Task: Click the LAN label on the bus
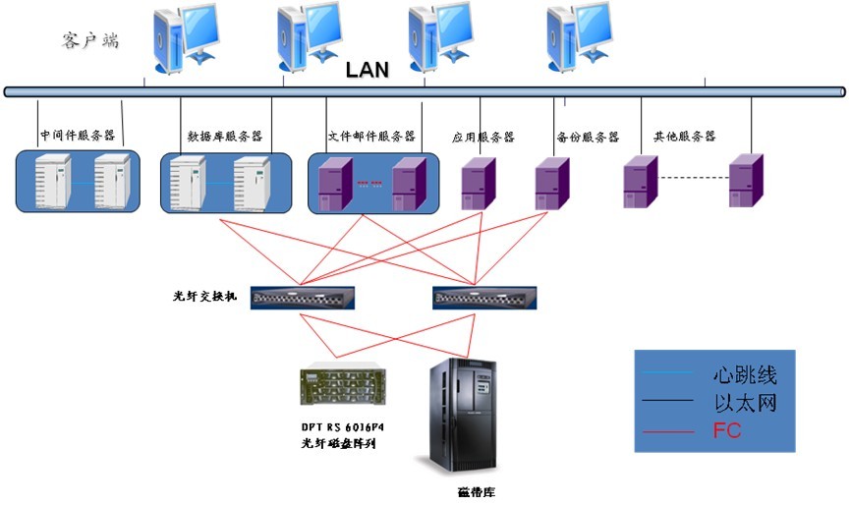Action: pos(368,70)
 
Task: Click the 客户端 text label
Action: pos(89,40)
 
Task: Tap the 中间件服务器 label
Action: pos(76,136)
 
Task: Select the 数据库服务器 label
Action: pos(224,137)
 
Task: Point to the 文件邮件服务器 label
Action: pos(371,136)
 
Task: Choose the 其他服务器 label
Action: pos(684,136)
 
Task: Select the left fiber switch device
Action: pos(302,298)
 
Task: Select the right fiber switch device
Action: pos(483,298)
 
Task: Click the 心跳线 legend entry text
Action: pos(744,375)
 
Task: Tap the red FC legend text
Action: pos(727,430)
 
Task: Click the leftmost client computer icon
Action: pos(184,37)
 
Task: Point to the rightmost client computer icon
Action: pos(578,37)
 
